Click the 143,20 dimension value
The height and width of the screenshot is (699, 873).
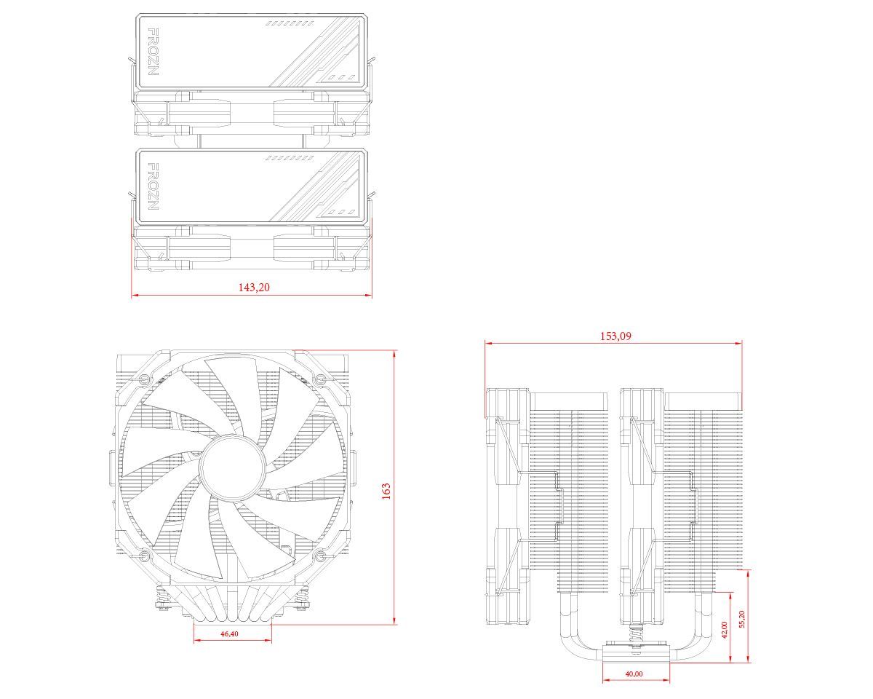pyautogui.click(x=254, y=288)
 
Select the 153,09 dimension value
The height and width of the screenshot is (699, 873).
pyautogui.click(x=615, y=336)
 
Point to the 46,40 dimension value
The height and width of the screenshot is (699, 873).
pyautogui.click(x=228, y=634)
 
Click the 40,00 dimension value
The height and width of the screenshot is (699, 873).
pyautogui.click(x=634, y=674)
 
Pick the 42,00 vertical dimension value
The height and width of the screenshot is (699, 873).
pyautogui.click(x=725, y=629)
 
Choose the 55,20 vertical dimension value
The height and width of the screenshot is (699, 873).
pyautogui.click(x=742, y=620)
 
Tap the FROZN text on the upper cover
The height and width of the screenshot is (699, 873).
pyautogui.click(x=153, y=52)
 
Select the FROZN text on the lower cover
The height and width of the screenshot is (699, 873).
pyautogui.click(x=153, y=187)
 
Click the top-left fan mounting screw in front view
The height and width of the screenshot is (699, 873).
pyautogui.click(x=144, y=379)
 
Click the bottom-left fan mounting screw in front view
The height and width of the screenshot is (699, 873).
pyautogui.click(x=144, y=559)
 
